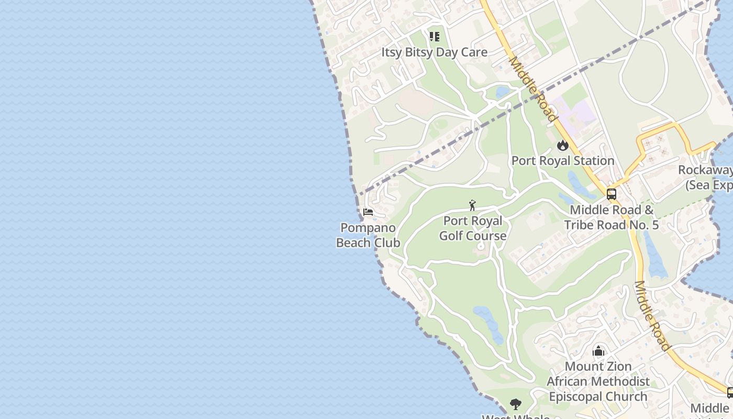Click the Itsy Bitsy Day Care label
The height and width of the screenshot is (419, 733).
point(434,52)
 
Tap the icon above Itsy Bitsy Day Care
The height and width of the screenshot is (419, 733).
point(434,37)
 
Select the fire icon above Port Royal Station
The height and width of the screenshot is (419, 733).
point(563,145)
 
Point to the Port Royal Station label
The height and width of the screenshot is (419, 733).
point(563,161)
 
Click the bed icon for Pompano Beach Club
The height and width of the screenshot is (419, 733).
point(368,212)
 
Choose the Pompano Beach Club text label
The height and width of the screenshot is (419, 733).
point(368,235)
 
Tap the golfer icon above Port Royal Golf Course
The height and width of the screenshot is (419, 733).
point(472,205)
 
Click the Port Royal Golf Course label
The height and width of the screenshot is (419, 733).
point(473,228)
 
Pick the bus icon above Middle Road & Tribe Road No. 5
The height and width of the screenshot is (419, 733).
point(611,194)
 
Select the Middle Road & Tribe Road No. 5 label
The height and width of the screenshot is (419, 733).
point(612,217)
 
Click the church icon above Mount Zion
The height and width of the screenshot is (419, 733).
point(598,351)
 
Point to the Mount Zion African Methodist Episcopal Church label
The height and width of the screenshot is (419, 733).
point(598,381)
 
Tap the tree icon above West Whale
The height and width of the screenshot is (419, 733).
point(516,404)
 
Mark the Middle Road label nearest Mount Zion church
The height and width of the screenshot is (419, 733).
point(652,316)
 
